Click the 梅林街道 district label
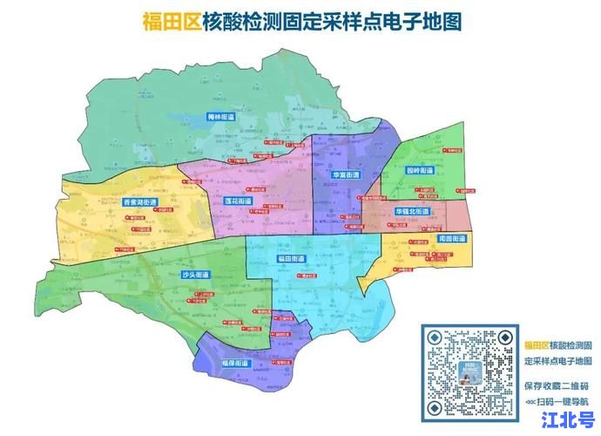(x=221, y=116)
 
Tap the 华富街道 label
(x=345, y=175)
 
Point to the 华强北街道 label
(x=411, y=212)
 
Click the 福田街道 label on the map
(x=290, y=259)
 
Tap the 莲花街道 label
(x=238, y=201)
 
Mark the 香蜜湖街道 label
(x=140, y=202)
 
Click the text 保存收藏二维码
(x=557, y=385)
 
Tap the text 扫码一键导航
(x=557, y=400)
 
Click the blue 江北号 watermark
(x=567, y=420)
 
